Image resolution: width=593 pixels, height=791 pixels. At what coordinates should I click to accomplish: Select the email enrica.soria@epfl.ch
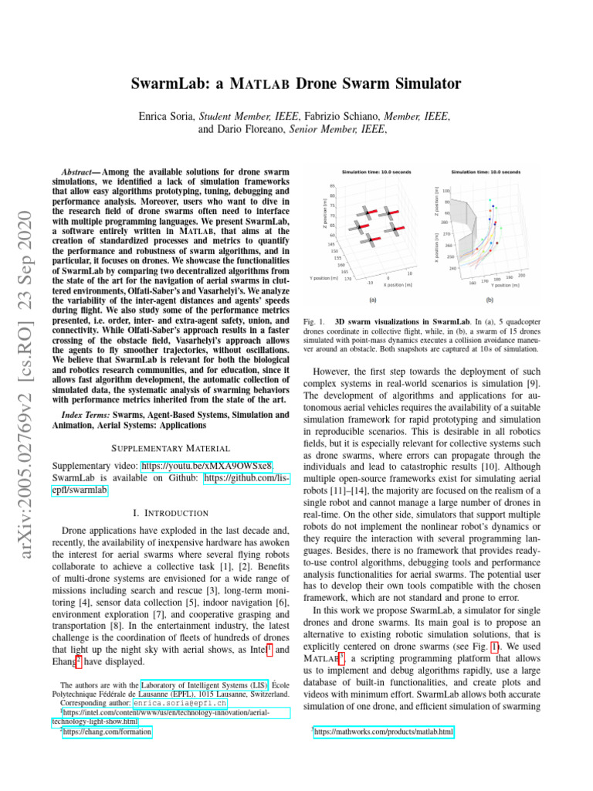point(179,704)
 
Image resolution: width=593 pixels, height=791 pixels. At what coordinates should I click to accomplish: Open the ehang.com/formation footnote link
point(107,732)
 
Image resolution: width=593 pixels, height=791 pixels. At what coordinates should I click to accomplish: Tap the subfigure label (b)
point(489,300)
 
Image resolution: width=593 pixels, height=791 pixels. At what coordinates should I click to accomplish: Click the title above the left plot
point(372,172)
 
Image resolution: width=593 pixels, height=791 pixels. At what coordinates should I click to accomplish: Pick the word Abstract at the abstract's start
point(80,170)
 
